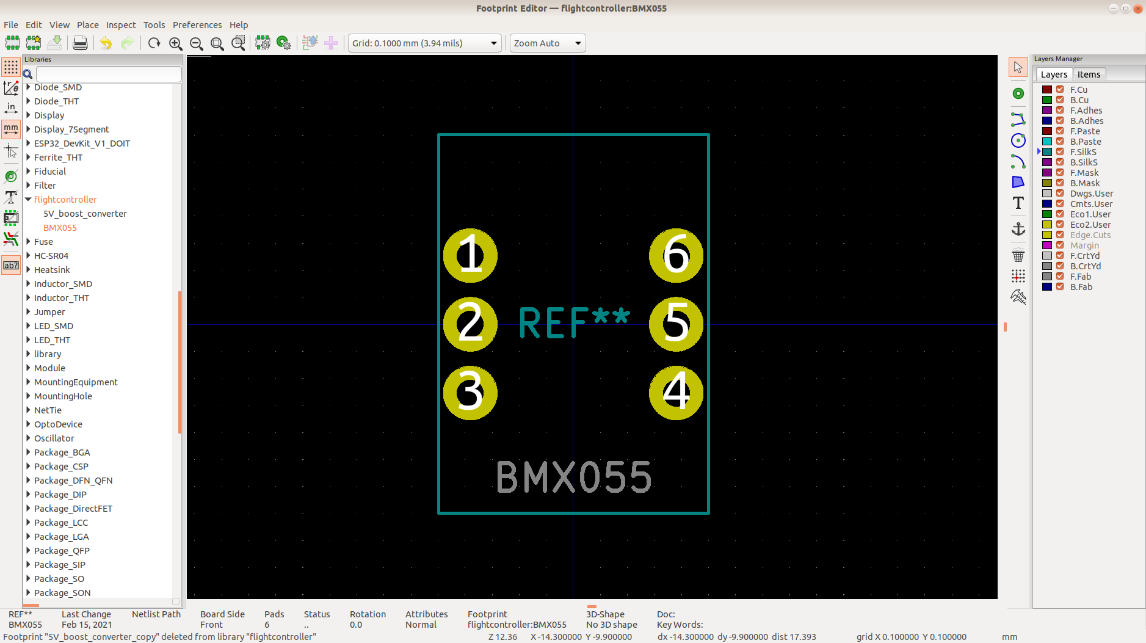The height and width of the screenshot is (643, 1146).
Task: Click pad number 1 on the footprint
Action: (470, 255)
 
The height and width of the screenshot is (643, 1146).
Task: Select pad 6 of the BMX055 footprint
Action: (676, 255)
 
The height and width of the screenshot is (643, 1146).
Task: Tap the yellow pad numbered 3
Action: (470, 393)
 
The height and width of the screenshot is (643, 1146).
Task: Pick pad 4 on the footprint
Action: (676, 393)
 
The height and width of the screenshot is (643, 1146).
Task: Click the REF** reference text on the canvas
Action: (574, 322)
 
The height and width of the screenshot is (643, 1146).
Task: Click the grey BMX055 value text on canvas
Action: (574, 477)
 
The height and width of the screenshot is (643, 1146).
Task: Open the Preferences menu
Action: (197, 25)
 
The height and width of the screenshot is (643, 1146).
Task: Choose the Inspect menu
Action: (121, 25)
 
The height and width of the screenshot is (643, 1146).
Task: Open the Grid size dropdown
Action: (425, 43)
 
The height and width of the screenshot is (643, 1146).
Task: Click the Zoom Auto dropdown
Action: (548, 43)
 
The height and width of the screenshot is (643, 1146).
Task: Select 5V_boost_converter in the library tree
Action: (85, 214)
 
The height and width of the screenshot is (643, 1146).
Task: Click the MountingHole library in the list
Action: (63, 396)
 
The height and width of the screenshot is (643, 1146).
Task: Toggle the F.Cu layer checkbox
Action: (1060, 90)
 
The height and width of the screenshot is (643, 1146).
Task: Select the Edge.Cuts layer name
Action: (1090, 235)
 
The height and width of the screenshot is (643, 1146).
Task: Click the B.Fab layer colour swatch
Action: (1047, 287)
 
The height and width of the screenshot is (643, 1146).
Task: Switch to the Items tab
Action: (1089, 74)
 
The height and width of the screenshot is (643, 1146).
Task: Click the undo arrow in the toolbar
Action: (106, 43)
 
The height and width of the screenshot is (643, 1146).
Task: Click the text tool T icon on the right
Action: (1018, 203)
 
